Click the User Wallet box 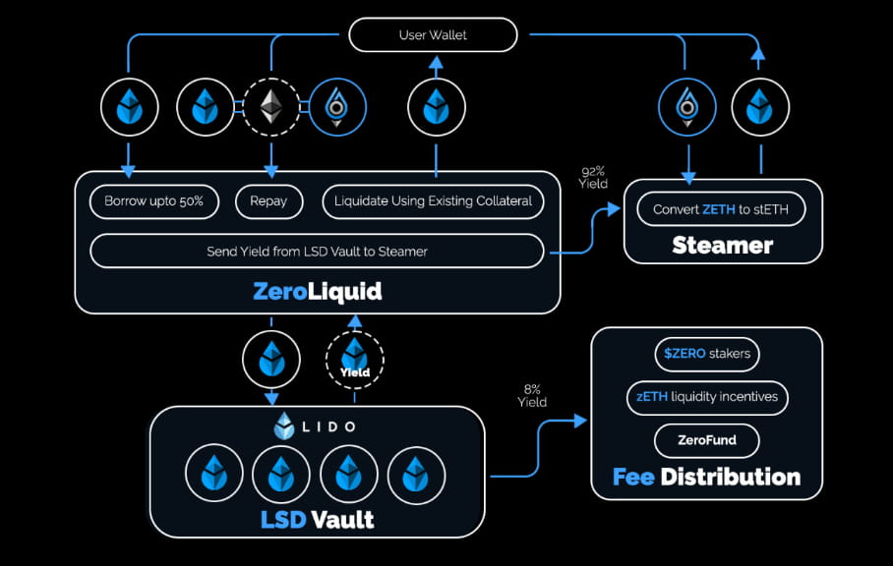pos(433,35)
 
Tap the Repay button pos(268,201)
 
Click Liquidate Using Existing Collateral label pos(433,201)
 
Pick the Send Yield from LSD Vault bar pos(317,252)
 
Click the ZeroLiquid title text pos(317,291)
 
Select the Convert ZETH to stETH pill pos(722,209)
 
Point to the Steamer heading pos(722,245)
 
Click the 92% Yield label pos(594,178)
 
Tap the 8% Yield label pos(533,395)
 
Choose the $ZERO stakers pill pos(706,354)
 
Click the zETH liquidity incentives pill pos(706,397)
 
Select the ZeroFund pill pos(706,440)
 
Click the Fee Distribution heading pos(706,478)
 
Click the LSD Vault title pos(317,518)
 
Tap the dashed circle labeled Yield pos(355,360)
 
